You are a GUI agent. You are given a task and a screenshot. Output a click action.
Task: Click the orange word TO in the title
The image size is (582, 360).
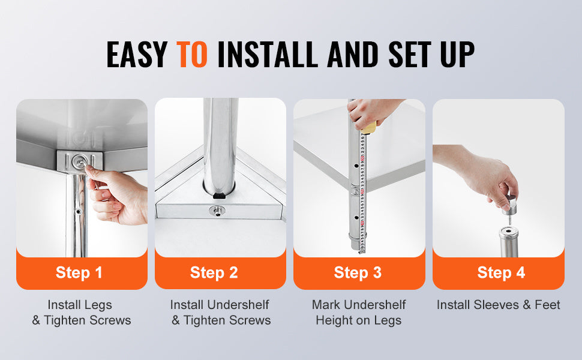click(x=192, y=55)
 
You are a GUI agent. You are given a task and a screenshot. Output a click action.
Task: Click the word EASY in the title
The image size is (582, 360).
click(x=137, y=55)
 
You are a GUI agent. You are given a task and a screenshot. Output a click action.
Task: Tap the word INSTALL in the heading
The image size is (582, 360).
click(x=269, y=55)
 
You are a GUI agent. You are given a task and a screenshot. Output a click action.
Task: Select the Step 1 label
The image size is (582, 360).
click(x=79, y=272)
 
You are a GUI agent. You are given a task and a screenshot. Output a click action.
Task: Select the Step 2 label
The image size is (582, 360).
click(x=214, y=272)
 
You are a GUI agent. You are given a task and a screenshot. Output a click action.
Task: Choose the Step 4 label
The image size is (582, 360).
click(x=501, y=272)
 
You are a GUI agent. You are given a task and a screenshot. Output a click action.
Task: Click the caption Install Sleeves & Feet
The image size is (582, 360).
click(x=498, y=305)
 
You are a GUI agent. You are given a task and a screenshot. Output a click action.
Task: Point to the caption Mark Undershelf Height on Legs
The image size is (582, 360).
click(x=359, y=313)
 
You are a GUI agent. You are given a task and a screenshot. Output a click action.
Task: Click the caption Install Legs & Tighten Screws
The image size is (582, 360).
click(x=81, y=313)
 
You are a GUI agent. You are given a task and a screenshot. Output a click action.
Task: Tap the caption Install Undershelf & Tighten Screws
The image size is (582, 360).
click(x=220, y=313)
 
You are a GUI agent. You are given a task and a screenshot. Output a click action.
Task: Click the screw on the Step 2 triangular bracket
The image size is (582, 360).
click(x=215, y=210)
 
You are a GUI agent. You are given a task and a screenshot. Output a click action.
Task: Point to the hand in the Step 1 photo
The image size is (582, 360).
click(x=120, y=198)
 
